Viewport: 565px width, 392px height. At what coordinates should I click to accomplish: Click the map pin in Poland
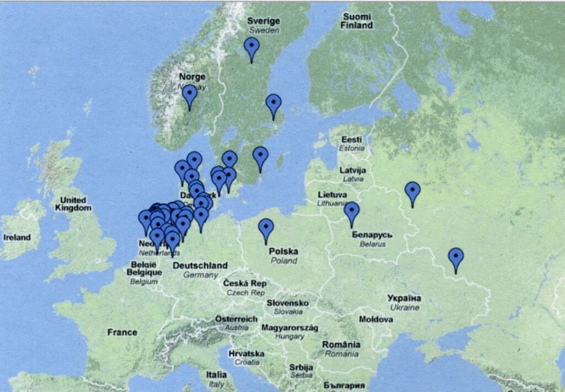pos(266,229)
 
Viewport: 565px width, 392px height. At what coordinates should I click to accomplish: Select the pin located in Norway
pos(189,95)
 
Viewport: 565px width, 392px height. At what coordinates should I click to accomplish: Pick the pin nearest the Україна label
pos(456,258)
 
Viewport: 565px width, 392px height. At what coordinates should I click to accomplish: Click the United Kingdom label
pos(73,204)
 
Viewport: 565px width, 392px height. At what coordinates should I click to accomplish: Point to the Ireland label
pos(17,237)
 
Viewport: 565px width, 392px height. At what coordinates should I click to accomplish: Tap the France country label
pos(122,332)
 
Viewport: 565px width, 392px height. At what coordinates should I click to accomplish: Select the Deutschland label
pos(200,266)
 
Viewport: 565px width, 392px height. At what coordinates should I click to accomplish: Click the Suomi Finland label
pos(356,21)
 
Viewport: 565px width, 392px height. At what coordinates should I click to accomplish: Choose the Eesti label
pos(351,140)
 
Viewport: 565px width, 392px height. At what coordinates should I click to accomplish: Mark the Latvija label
pos(353,170)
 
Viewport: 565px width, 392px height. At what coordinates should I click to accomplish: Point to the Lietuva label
pos(333,195)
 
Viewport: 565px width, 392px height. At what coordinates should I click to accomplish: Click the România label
pos(341,345)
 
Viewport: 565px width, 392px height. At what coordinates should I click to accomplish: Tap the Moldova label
pos(376,319)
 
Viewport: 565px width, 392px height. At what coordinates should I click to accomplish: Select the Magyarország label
pos(290,327)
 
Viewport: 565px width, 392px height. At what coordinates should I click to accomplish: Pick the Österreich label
pos(236,319)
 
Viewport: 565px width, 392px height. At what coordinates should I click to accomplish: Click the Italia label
pos(216,374)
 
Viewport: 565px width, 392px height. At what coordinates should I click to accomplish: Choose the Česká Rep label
pos(244,283)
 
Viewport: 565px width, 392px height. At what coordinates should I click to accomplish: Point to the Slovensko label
pos(287,303)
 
